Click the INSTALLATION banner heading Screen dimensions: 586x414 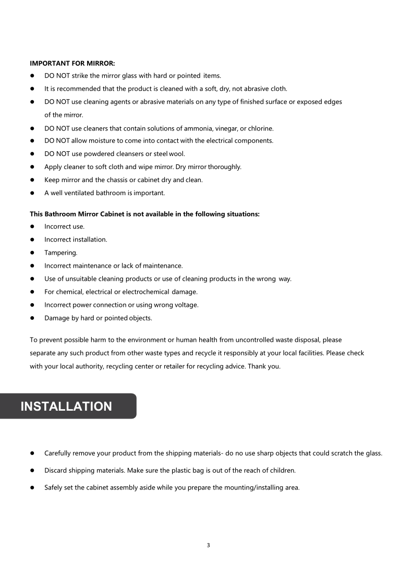pyautogui.click(x=66, y=406)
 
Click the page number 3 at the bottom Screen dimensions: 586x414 pyautogui.click(x=208, y=546)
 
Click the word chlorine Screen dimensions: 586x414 pyautogui.click(x=260, y=128)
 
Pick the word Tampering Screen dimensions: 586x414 pyautogui.click(x=60, y=253)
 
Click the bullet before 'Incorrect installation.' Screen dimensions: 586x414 pyautogui.click(x=32, y=240)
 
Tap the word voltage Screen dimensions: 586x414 pyautogui.click(x=186, y=305)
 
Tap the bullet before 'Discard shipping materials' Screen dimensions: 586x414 pyautogui.click(x=32, y=470)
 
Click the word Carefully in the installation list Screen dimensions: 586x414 pyautogui.click(x=58, y=453)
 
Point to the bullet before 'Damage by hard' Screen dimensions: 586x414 pyautogui.click(x=32, y=318)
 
